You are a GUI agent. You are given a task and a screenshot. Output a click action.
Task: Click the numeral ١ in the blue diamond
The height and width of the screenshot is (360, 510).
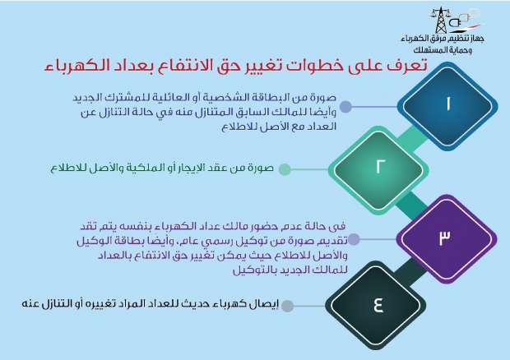point(447,106)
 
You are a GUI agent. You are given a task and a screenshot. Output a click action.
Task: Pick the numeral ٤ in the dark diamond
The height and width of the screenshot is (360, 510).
point(379,305)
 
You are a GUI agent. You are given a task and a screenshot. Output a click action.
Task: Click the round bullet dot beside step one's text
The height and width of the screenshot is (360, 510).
point(347,107)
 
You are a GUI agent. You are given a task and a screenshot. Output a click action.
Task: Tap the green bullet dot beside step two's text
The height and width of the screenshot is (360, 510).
point(284,169)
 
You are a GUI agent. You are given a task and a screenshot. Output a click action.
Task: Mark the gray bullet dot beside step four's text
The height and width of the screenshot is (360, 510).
point(287,306)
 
